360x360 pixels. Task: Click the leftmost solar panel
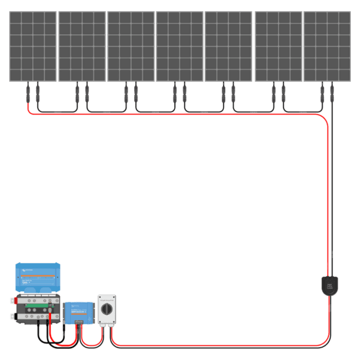33,46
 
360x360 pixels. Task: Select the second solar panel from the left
82,46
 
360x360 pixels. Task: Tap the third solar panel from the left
131,46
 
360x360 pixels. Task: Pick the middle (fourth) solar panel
180,46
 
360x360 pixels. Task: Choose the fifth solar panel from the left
228,46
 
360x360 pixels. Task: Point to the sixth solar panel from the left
278,46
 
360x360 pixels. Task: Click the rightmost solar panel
327,46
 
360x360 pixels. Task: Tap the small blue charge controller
79,311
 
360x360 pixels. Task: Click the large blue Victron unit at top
38,278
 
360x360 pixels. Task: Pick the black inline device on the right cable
329,284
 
